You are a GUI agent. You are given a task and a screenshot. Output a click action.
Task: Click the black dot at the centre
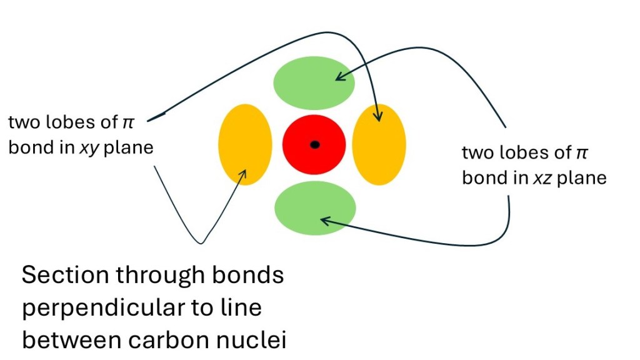coord(315,145)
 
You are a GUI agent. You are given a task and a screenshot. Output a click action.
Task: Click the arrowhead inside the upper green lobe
coord(339,77)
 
